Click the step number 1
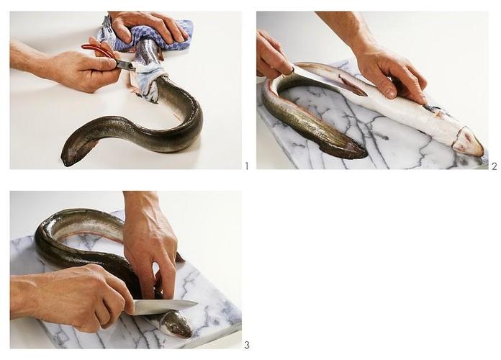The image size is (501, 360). pos(246,166)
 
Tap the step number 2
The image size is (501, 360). pos(495,166)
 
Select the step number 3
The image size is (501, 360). pos(247,346)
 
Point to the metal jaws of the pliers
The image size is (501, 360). pos(126,66)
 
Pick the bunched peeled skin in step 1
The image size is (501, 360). pos(148,81)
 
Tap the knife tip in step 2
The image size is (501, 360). pos(366,94)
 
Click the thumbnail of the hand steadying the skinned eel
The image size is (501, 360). pos(390,93)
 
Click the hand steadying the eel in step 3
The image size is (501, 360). pos(150,246)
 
